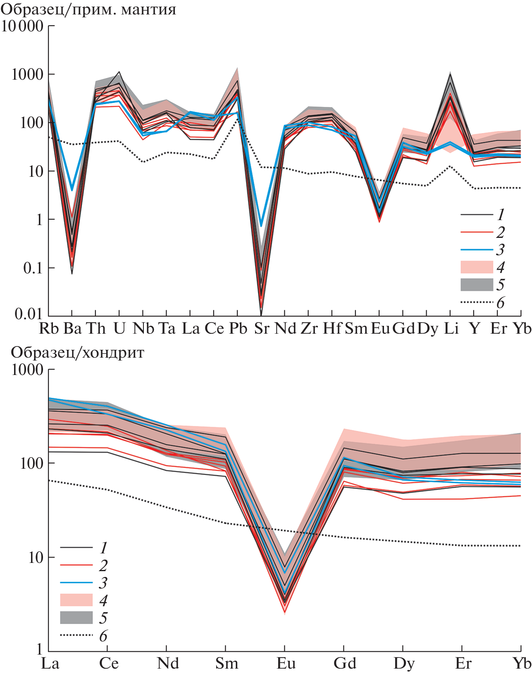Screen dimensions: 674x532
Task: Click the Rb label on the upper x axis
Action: tap(49, 329)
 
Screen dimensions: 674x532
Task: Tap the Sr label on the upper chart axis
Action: tap(261, 329)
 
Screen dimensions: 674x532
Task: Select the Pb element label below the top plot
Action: tap(238, 329)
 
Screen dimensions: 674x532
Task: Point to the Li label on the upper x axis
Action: tap(451, 329)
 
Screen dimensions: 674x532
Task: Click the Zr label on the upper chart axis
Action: tap(309, 329)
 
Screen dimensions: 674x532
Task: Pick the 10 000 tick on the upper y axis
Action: tap(22, 26)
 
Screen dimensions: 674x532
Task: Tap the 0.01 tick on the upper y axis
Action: tap(29, 314)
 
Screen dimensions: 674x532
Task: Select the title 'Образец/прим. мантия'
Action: tap(88, 9)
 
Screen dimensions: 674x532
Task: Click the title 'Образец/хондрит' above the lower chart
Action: tap(77, 353)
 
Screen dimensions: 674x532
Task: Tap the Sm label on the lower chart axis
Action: tap(227, 664)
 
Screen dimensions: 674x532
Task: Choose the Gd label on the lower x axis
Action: tap(345, 664)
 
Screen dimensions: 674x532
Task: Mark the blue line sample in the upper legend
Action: tap(477, 250)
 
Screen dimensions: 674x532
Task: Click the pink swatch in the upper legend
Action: tap(477, 267)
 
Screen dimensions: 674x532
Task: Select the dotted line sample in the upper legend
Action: tap(477, 302)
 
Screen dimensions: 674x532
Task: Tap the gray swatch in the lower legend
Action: tap(76, 617)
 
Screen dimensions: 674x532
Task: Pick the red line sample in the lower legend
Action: tap(76, 565)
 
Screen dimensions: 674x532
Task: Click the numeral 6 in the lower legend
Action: tap(103, 636)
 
